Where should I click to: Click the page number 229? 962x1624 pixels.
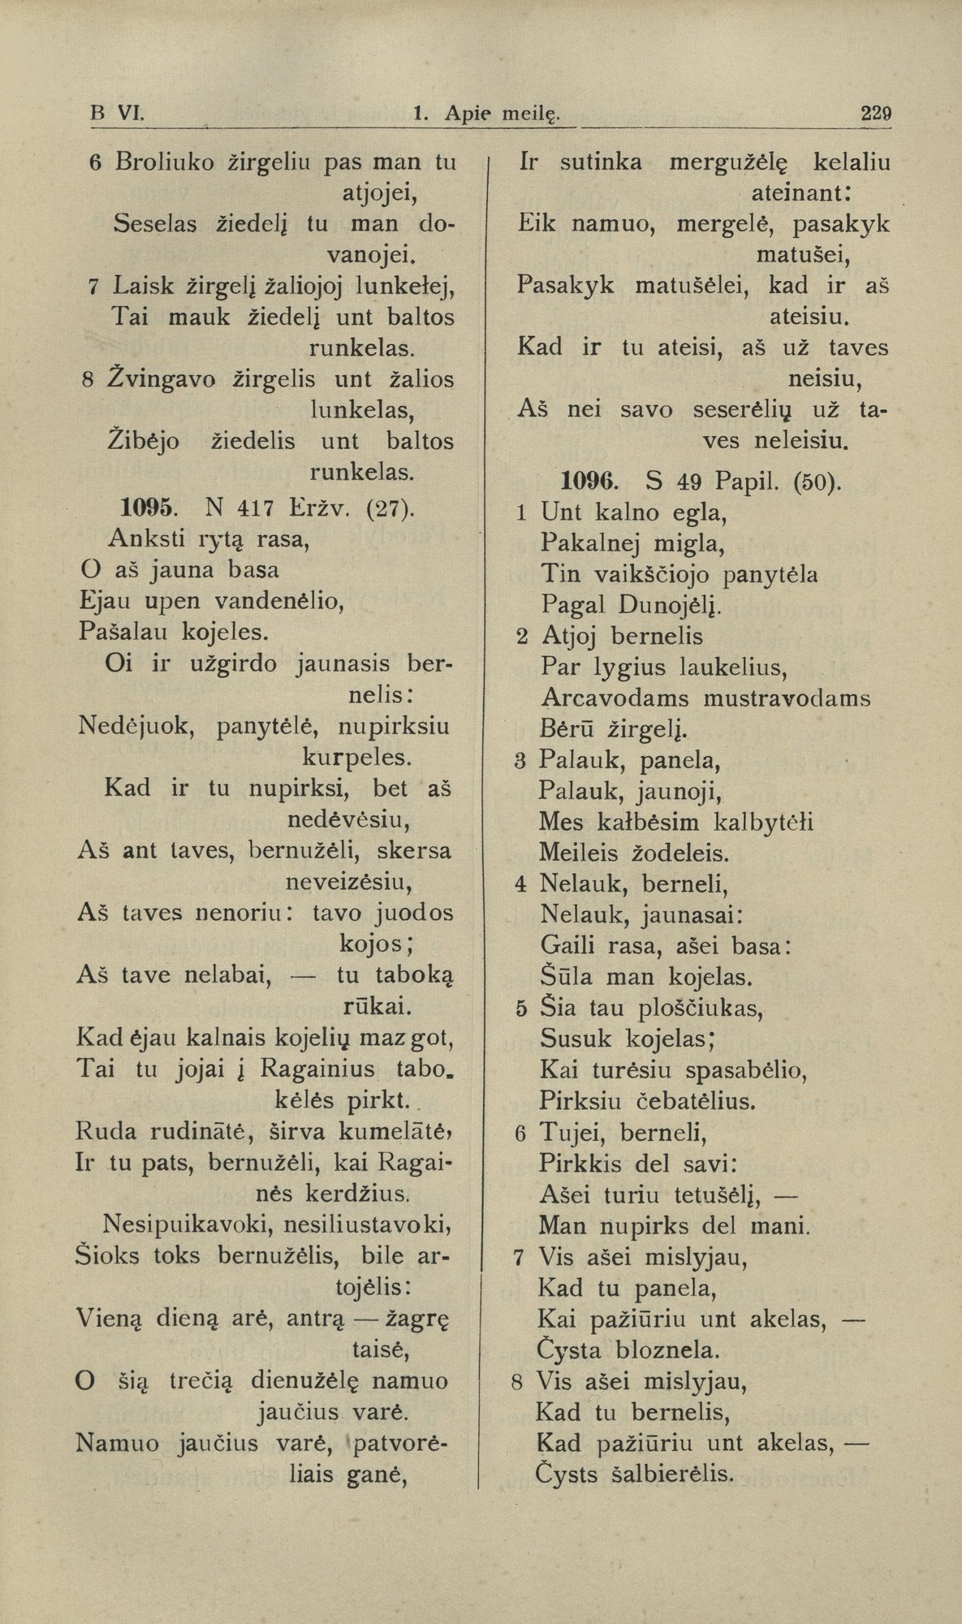876,114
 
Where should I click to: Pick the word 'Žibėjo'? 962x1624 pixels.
144,441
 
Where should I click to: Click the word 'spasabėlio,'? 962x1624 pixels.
745,1071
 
